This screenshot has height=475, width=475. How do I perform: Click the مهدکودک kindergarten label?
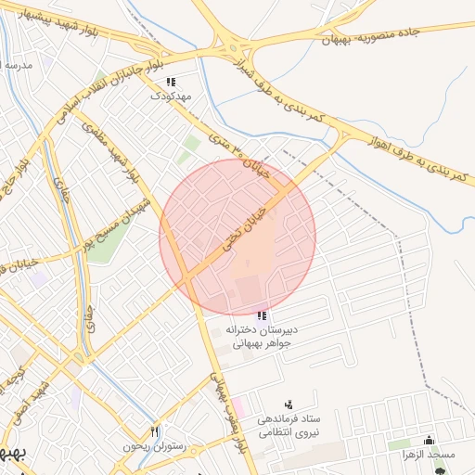pyautogui.click(x=173, y=96)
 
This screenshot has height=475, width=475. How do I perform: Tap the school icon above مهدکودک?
pyautogui.click(x=172, y=82)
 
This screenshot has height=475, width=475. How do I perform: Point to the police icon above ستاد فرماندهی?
pyautogui.click(x=289, y=404)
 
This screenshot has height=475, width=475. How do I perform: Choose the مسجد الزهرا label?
pyautogui.click(x=432, y=455)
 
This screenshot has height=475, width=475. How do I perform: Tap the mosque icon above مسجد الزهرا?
pyautogui.click(x=428, y=440)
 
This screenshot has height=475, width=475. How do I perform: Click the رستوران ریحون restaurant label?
pyautogui.click(x=154, y=446)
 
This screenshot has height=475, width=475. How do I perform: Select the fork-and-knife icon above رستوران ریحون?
pyautogui.click(x=155, y=431)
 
